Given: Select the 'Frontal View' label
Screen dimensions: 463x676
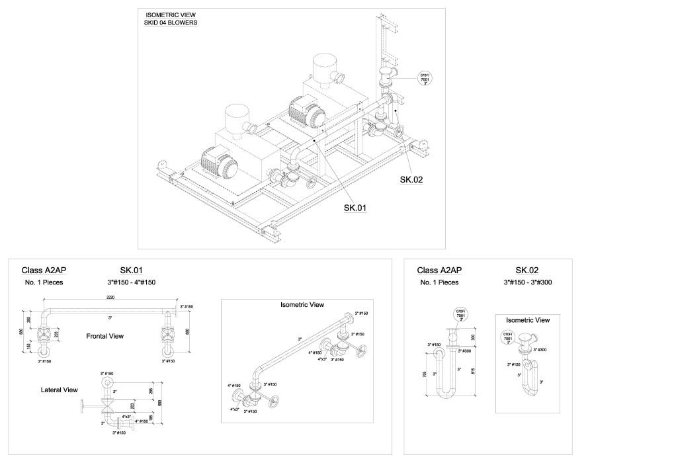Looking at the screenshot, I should [x=105, y=336].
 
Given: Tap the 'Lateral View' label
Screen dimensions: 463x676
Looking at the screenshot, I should [x=60, y=390].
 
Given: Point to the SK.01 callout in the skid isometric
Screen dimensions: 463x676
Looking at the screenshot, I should [x=355, y=208].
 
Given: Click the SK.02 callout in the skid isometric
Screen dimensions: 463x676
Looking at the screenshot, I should [x=411, y=179].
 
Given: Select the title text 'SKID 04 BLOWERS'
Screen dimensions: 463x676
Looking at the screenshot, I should [x=171, y=22].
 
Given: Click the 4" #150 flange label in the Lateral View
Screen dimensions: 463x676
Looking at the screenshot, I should [x=142, y=421].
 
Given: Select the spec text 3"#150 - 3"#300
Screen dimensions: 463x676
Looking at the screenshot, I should [x=528, y=282].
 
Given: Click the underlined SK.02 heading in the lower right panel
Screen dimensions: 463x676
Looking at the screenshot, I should [x=527, y=270].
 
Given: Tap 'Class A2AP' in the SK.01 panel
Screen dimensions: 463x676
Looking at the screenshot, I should [x=44, y=270].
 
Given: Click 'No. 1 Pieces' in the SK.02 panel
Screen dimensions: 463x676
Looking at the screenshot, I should [x=439, y=282].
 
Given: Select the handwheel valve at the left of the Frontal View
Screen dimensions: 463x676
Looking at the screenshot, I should [x=45, y=335].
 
